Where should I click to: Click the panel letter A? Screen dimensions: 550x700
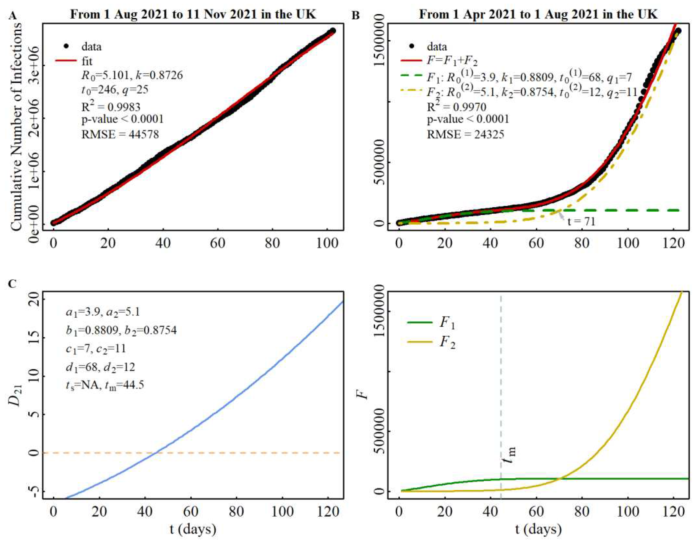pos(13,15)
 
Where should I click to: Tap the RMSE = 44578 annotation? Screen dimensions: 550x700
pos(120,134)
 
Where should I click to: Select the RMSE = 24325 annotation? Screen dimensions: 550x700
pos(465,134)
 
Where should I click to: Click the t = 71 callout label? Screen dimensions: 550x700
pos(581,222)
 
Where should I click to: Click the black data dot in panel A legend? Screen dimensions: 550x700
pos(66,46)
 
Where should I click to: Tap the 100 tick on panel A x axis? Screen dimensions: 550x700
pos(327,243)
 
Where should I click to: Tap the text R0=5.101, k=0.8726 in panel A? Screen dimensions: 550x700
pos(132,75)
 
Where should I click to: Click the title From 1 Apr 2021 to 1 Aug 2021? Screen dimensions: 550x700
pos(538,15)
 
